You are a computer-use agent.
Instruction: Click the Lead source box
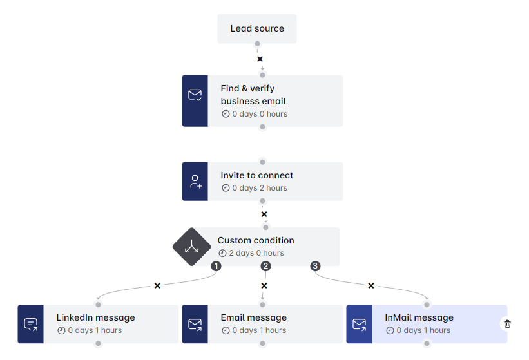[257, 29]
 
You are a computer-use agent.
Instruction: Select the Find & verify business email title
[253, 95]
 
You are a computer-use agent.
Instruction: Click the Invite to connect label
[256, 175]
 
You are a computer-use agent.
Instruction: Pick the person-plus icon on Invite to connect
[195, 182]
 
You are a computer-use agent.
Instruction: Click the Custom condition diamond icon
[191, 247]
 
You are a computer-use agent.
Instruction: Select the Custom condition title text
[256, 240]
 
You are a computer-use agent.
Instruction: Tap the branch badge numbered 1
[216, 266]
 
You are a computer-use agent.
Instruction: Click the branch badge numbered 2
[265, 266]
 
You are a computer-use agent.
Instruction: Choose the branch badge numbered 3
[315, 266]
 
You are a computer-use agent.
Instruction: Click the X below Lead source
[260, 59]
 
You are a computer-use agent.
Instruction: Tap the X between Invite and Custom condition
[264, 214]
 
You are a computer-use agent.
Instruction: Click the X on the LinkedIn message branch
[157, 285]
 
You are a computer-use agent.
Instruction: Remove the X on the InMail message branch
[371, 285]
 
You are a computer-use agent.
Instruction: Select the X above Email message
[264, 285]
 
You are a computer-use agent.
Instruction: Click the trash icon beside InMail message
[507, 324]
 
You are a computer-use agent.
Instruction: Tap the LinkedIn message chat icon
[30, 324]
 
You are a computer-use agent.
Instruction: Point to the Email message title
[253, 317]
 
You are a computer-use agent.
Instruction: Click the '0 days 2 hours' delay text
[258, 188]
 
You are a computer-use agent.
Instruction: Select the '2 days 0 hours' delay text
[255, 253]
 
